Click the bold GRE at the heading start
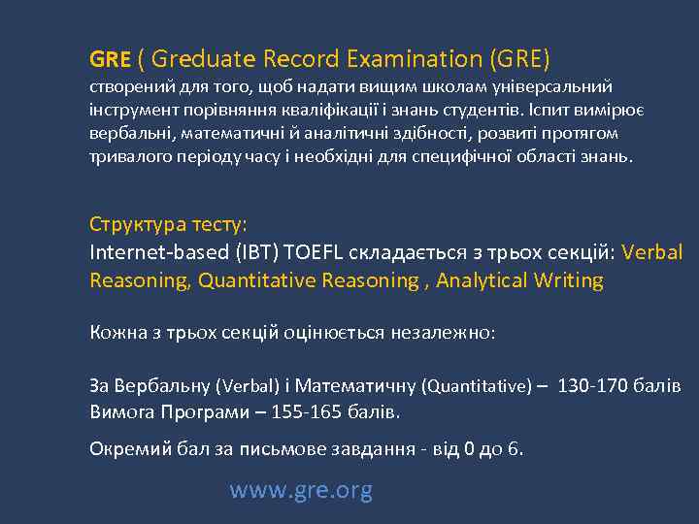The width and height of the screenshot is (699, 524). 110,60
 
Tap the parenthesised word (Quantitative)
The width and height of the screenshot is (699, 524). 477,386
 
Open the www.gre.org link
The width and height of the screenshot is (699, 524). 301,491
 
